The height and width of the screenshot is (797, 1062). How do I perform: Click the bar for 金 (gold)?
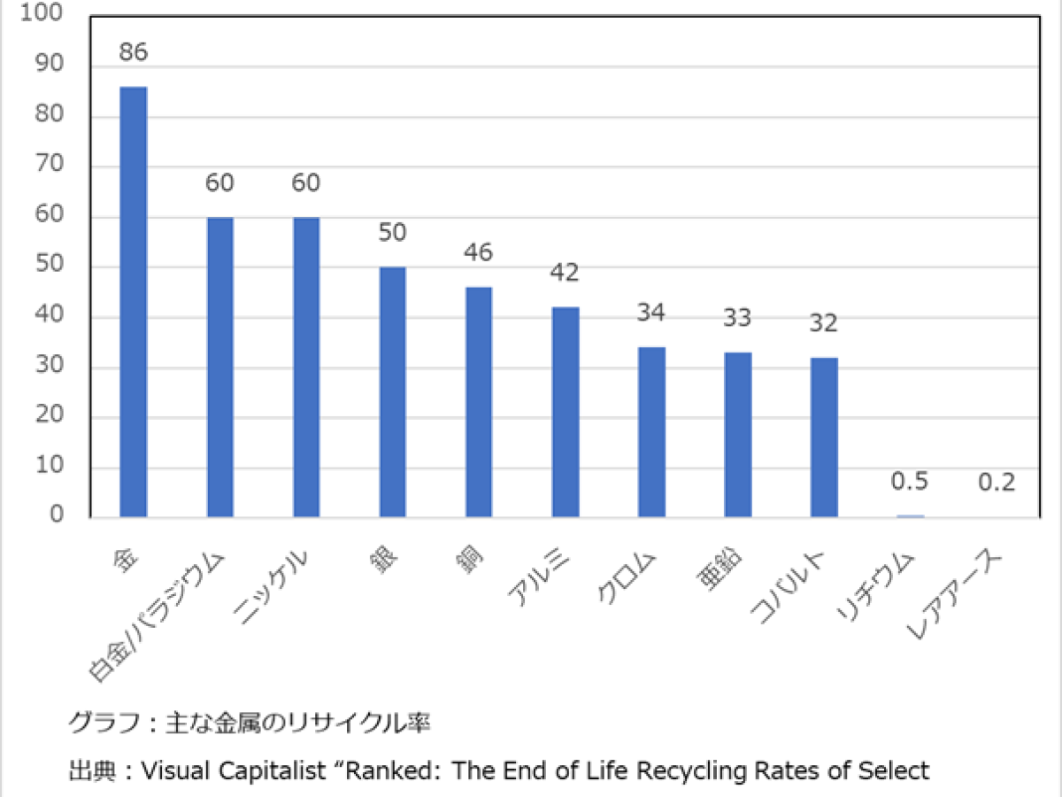[134, 301]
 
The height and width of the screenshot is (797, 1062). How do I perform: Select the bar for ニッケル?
[306, 367]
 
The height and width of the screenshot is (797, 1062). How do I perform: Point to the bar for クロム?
[651, 431]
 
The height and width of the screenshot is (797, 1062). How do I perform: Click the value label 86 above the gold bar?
[133, 52]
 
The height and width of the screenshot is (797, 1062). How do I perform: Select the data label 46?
[479, 253]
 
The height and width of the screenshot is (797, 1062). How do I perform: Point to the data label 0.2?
[997, 483]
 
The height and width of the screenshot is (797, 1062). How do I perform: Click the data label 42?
[565, 273]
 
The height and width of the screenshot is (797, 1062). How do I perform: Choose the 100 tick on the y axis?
[50, 17]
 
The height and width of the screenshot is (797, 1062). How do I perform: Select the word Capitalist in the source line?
[300, 770]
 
